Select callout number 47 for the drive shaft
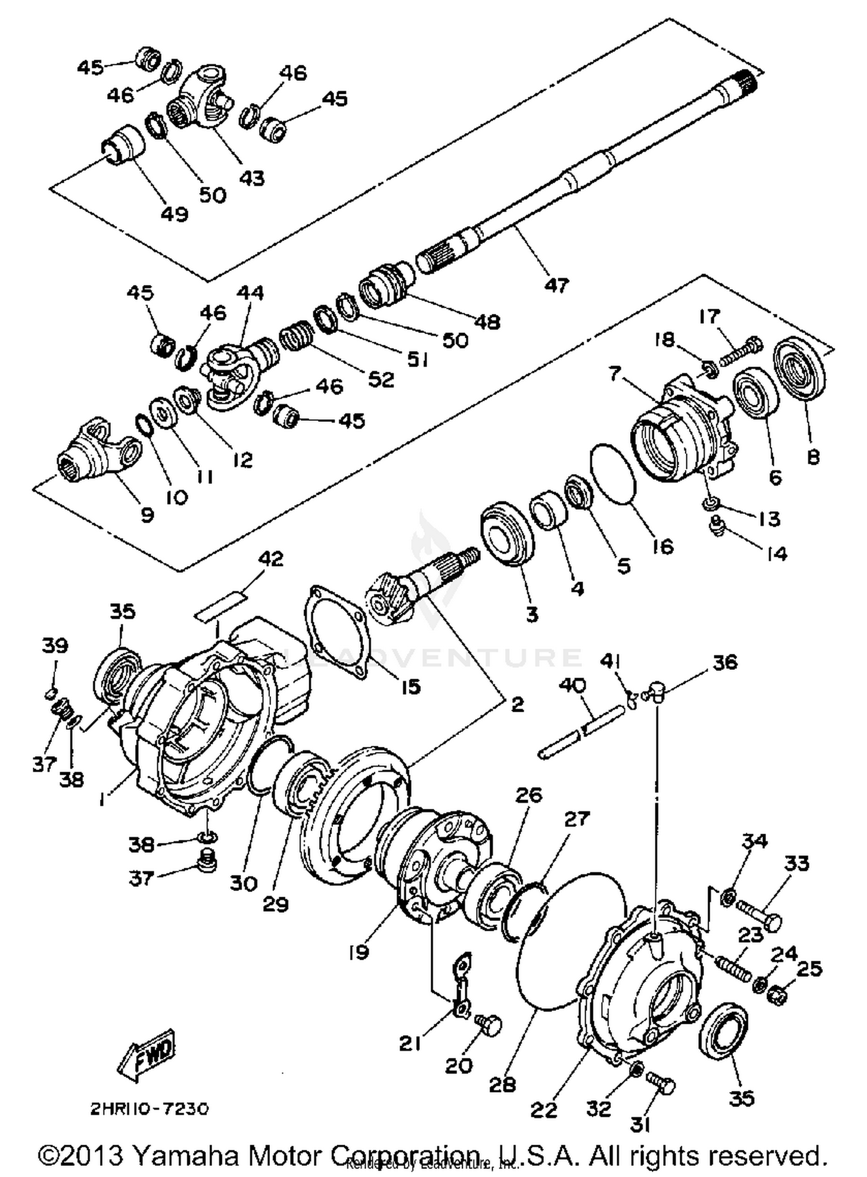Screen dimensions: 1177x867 coord(556,284)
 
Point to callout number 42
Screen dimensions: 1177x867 coord(270,558)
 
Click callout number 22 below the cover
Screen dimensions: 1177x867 coord(543,1109)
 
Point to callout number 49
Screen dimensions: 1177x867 coord(174,214)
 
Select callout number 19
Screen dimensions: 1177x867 coord(358,952)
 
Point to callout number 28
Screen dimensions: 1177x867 coord(502,1085)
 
